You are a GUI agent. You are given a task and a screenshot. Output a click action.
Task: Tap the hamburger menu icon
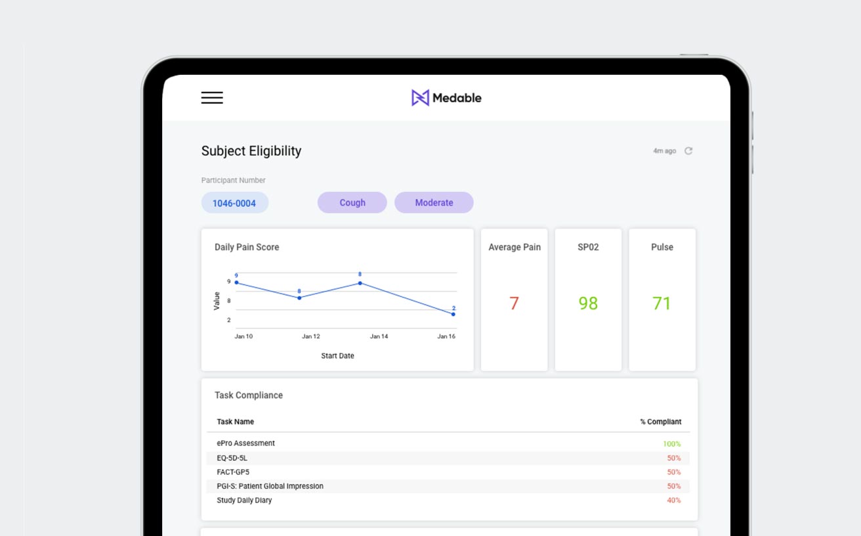tap(212, 98)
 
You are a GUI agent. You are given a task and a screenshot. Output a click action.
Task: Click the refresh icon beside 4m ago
tap(688, 151)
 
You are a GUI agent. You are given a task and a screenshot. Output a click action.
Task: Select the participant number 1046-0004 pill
tap(234, 203)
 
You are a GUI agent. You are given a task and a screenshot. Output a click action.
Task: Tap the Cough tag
tap(352, 203)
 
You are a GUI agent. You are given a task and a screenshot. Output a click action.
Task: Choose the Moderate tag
tap(434, 203)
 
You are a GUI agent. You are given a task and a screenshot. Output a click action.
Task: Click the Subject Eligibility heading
tap(251, 151)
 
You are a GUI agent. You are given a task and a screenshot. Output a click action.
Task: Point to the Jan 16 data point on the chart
tap(453, 314)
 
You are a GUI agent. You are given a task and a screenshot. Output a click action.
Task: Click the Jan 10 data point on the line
tap(236, 282)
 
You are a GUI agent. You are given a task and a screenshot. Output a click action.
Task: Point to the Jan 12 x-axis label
tap(311, 336)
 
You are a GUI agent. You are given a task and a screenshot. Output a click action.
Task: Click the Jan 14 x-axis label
tap(379, 336)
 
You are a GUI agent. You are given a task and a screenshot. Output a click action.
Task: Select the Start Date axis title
tap(337, 356)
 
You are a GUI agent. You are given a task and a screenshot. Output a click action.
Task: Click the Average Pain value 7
tap(514, 303)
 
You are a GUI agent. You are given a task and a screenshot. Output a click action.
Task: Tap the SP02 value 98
tap(588, 303)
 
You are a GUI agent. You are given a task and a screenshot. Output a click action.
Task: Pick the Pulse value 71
tap(661, 303)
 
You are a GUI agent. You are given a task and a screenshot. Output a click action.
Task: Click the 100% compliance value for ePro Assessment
tap(671, 444)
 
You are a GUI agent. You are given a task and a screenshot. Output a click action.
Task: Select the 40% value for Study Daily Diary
tap(673, 501)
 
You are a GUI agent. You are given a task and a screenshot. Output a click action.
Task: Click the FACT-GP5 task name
tap(233, 472)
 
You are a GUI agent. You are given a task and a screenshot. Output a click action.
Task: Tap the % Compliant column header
tap(661, 422)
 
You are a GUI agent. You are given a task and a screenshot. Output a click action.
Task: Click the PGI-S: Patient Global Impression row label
tap(270, 486)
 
